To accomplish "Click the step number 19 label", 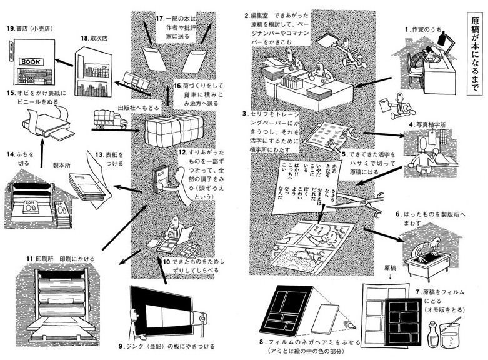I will (x=11, y=29).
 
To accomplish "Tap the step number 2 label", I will (x=247, y=14).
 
